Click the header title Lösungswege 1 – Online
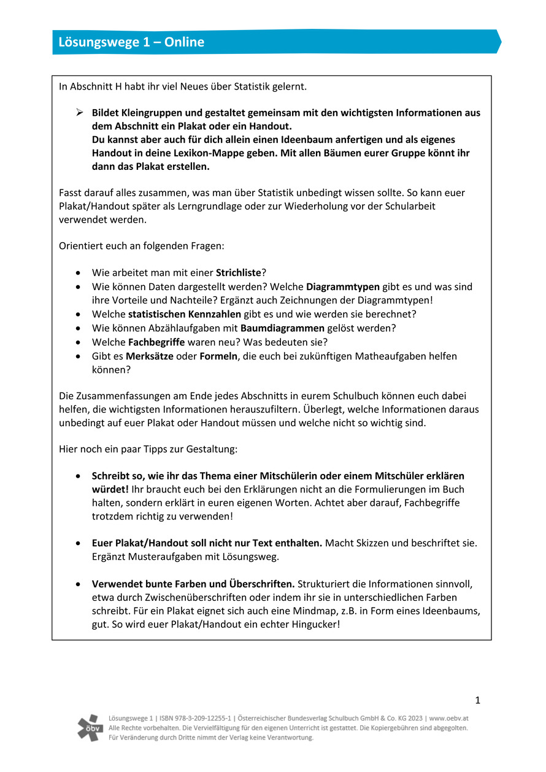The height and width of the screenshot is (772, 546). click(131, 42)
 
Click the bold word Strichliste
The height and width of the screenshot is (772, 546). click(239, 272)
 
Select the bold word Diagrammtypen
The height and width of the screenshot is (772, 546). click(343, 286)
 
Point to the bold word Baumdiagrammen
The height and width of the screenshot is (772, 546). click(282, 328)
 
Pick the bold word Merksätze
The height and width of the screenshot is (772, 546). click(150, 356)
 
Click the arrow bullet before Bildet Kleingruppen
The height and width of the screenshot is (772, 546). click(79, 113)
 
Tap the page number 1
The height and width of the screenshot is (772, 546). click(477, 700)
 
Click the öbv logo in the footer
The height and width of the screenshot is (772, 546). click(90, 728)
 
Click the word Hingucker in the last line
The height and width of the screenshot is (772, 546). click(312, 625)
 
